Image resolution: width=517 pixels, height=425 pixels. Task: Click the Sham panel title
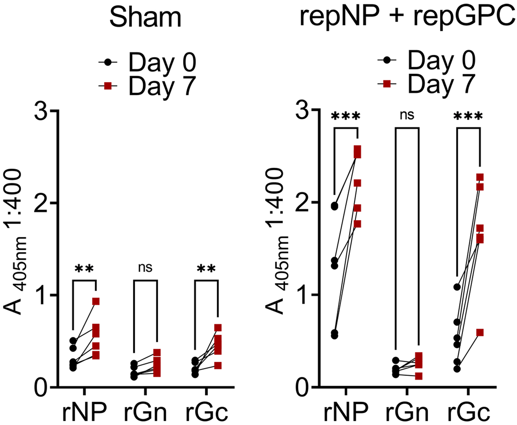click(x=145, y=17)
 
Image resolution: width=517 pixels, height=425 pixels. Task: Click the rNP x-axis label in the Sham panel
click(x=84, y=412)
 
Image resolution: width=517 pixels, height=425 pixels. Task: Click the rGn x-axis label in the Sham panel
click(x=145, y=412)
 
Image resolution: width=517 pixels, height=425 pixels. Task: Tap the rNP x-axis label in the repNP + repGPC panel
click(x=345, y=412)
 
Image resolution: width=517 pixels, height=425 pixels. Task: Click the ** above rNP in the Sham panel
click(x=84, y=269)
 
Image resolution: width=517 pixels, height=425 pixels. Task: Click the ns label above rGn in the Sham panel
click(x=145, y=267)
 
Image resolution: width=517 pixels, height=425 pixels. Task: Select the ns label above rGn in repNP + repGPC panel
click(x=407, y=115)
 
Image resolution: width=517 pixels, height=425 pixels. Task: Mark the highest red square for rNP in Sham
click(x=96, y=302)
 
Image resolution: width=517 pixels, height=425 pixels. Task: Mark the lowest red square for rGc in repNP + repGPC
click(x=480, y=332)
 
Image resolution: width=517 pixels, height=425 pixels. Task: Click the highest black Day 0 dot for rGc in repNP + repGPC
click(x=457, y=287)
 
